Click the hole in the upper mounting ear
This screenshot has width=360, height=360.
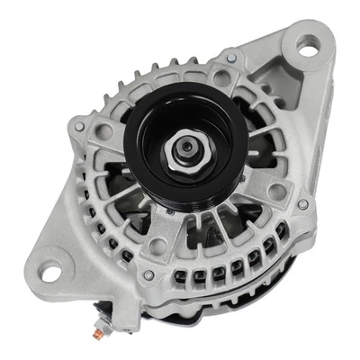(308, 47)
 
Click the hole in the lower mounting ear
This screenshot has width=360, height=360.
(49, 271)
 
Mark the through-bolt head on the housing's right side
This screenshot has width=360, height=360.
(302, 204)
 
